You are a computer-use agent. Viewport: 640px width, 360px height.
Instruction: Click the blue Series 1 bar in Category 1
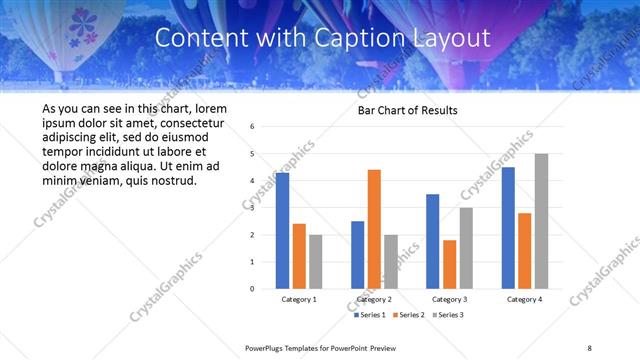tap(282, 231)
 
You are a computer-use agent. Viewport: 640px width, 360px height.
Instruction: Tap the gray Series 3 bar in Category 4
tap(541, 221)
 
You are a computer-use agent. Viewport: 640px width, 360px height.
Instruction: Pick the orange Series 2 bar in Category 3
tap(449, 264)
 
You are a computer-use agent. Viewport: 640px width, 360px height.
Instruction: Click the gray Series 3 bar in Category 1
tap(315, 262)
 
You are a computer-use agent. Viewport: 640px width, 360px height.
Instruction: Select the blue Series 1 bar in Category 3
tap(432, 241)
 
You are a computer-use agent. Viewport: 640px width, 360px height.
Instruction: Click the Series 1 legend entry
tap(370, 315)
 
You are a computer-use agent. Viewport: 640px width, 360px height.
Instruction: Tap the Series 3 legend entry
tap(448, 315)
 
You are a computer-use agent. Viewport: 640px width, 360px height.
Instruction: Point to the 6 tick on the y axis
tap(253, 127)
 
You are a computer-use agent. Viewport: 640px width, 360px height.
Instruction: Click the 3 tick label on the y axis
tap(253, 208)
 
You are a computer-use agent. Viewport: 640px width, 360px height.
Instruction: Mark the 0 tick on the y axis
tap(253, 289)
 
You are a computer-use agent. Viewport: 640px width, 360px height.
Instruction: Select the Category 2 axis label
tap(374, 299)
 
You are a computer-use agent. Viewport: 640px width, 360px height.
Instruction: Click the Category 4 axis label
tap(524, 299)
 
